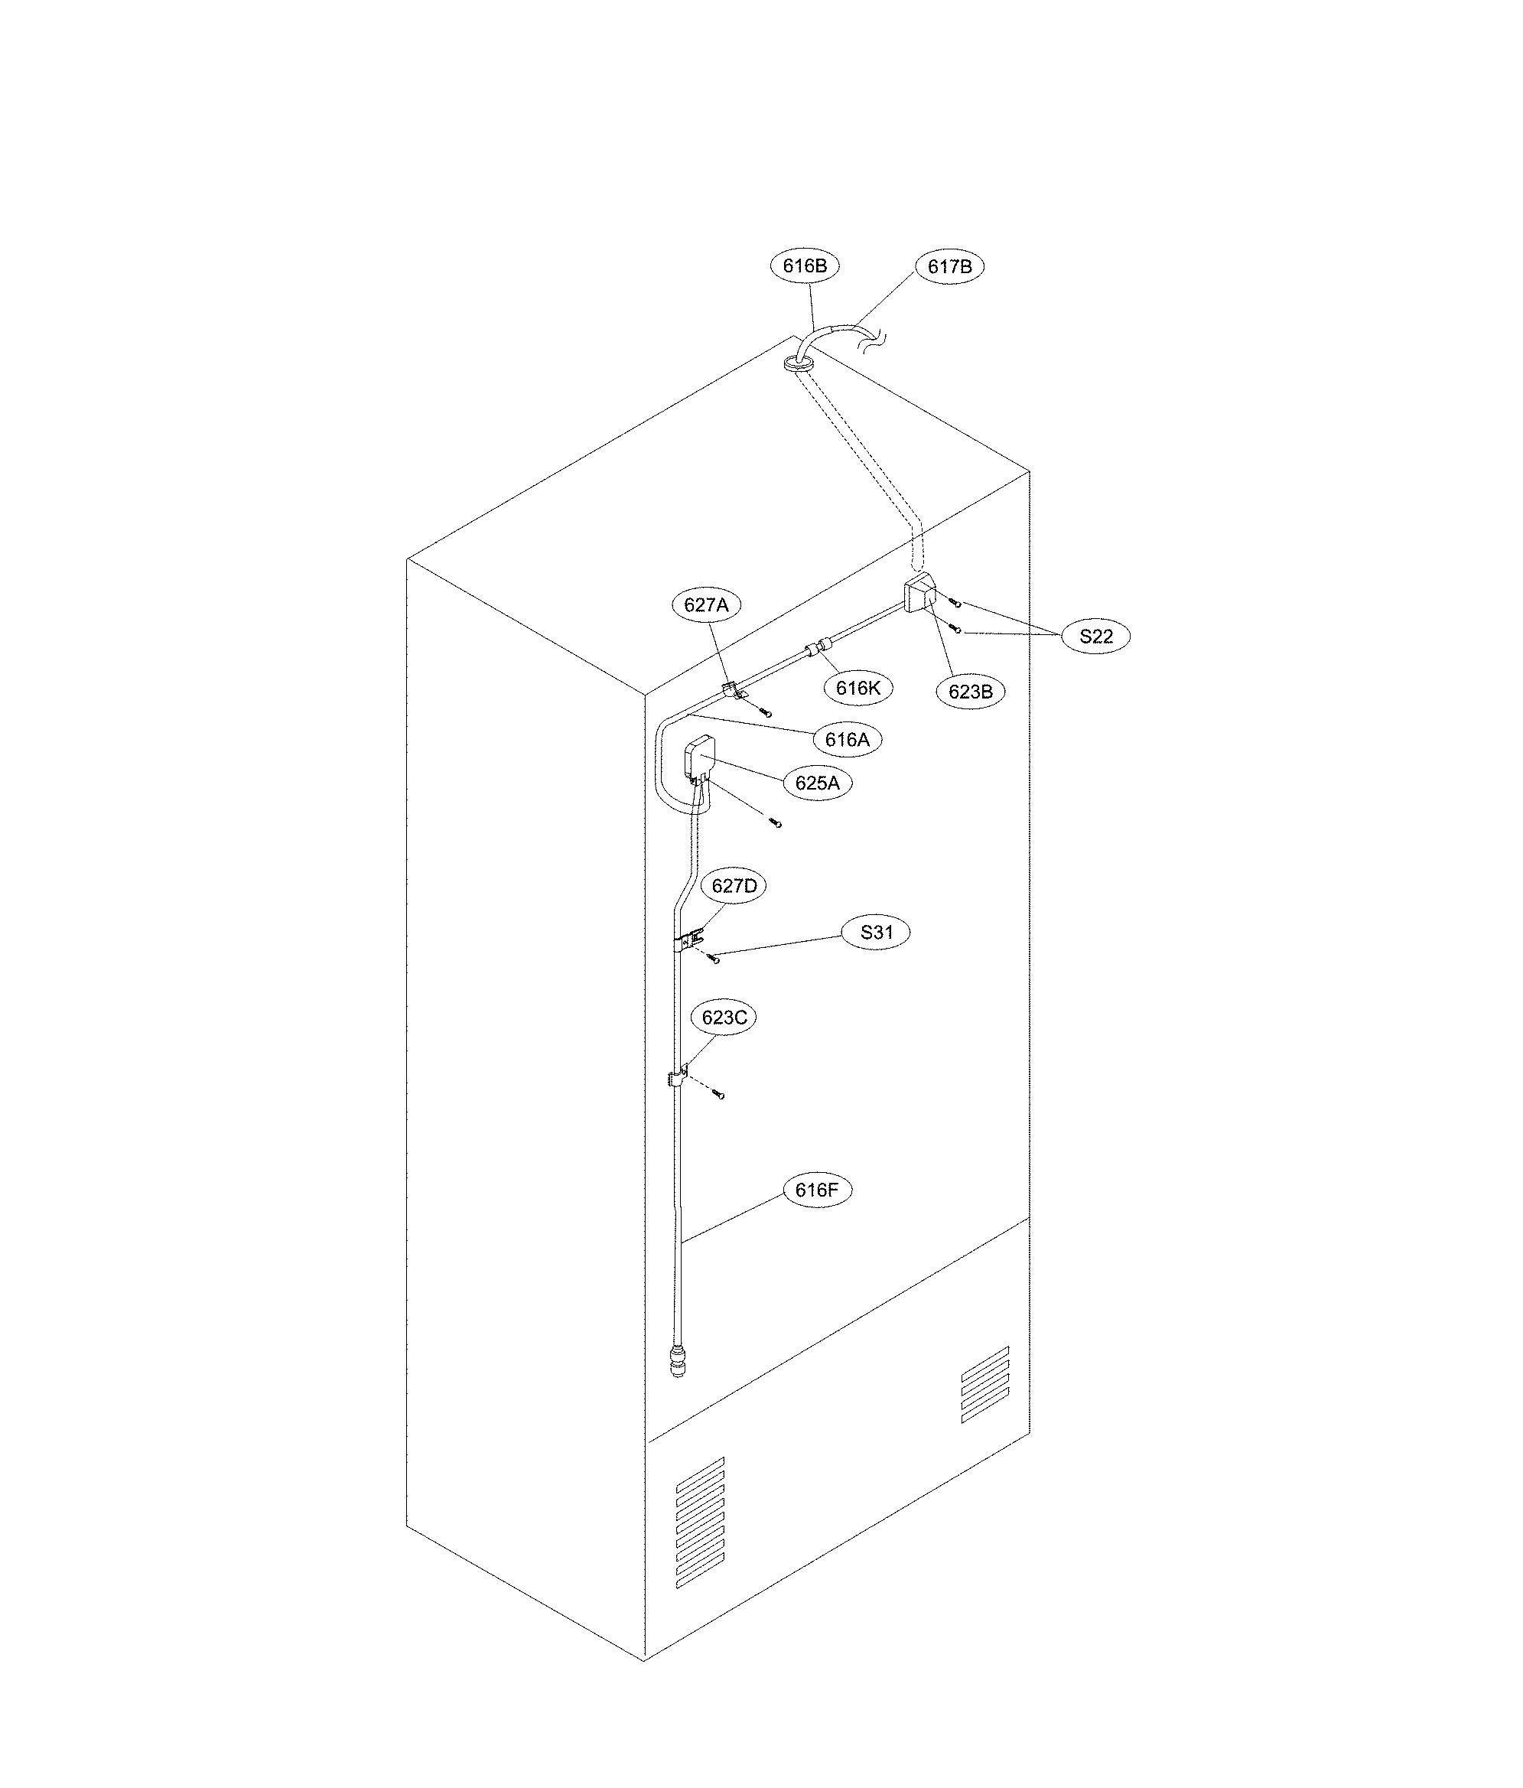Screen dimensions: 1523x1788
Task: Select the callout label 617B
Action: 949,268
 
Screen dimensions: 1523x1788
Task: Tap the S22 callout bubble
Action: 1096,637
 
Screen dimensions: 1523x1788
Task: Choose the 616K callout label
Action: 858,688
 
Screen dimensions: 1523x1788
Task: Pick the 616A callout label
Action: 847,740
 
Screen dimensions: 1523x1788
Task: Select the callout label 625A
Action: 816,783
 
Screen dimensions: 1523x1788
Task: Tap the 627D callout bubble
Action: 734,886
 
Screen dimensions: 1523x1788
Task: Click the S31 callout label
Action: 876,933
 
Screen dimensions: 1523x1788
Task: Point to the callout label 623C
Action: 723,1018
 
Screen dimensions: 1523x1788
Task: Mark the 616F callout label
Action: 816,1190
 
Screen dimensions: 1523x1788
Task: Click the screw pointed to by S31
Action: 713,959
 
